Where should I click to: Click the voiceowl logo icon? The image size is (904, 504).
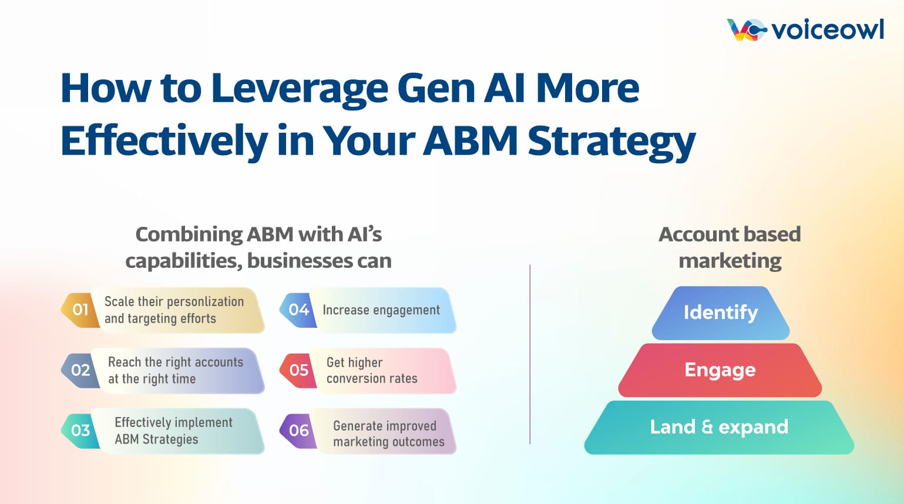click(746, 29)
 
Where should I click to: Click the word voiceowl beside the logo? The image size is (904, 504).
click(828, 29)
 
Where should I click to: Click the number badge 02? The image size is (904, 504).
click(80, 370)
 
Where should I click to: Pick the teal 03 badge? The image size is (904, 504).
click(80, 431)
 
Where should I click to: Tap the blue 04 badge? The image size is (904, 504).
click(298, 310)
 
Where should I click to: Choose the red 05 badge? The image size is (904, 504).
click(298, 370)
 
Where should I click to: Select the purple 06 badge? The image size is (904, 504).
click(298, 431)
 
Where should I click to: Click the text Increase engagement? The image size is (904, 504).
click(381, 310)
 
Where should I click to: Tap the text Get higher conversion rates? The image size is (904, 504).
click(372, 371)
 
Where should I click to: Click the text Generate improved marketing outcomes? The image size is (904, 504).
click(388, 434)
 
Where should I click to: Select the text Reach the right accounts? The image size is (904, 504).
click(175, 362)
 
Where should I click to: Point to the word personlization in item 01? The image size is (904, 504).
click(206, 302)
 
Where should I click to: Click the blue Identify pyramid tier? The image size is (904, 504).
click(721, 313)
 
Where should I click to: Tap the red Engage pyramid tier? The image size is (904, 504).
click(720, 370)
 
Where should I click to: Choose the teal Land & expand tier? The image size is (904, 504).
click(719, 427)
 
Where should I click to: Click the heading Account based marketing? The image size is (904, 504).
click(730, 247)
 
